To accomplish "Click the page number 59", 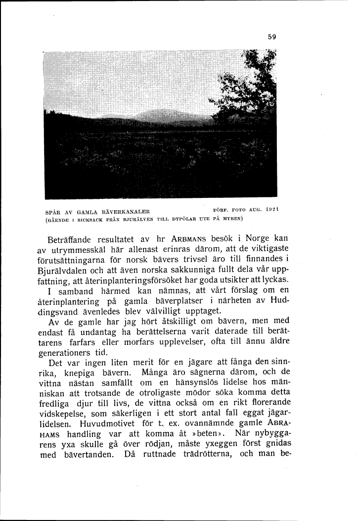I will tap(271, 36).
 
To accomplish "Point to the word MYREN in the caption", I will tap(230, 218).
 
